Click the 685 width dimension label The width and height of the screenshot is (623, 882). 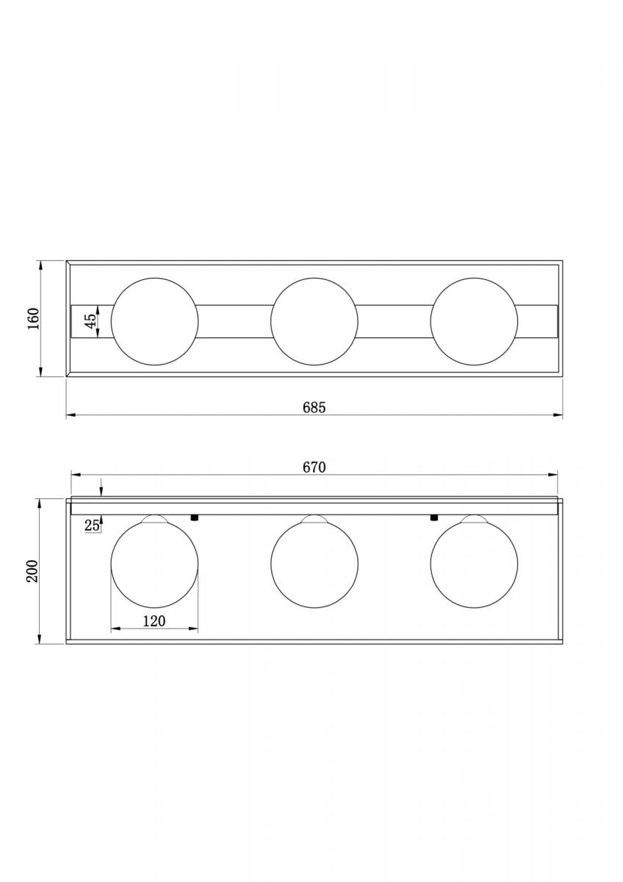click(314, 407)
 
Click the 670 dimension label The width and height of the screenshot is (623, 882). click(314, 467)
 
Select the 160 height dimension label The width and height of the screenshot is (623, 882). click(35, 318)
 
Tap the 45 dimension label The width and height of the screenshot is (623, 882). click(90, 321)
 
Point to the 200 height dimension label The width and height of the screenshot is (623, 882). click(32, 571)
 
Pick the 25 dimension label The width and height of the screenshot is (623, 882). click(92, 526)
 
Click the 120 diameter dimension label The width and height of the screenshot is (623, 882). click(154, 621)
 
